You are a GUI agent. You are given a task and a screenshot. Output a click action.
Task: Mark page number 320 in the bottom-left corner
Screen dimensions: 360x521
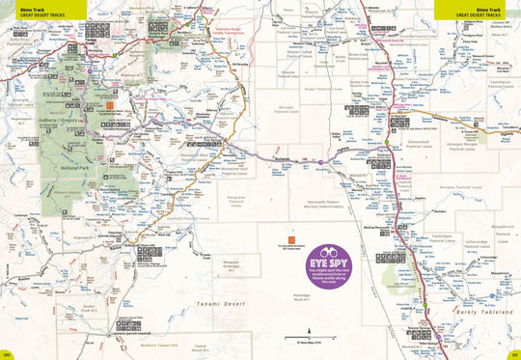[x=7, y=351]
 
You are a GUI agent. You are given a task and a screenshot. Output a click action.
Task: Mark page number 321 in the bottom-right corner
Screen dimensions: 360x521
[x=513, y=351]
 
